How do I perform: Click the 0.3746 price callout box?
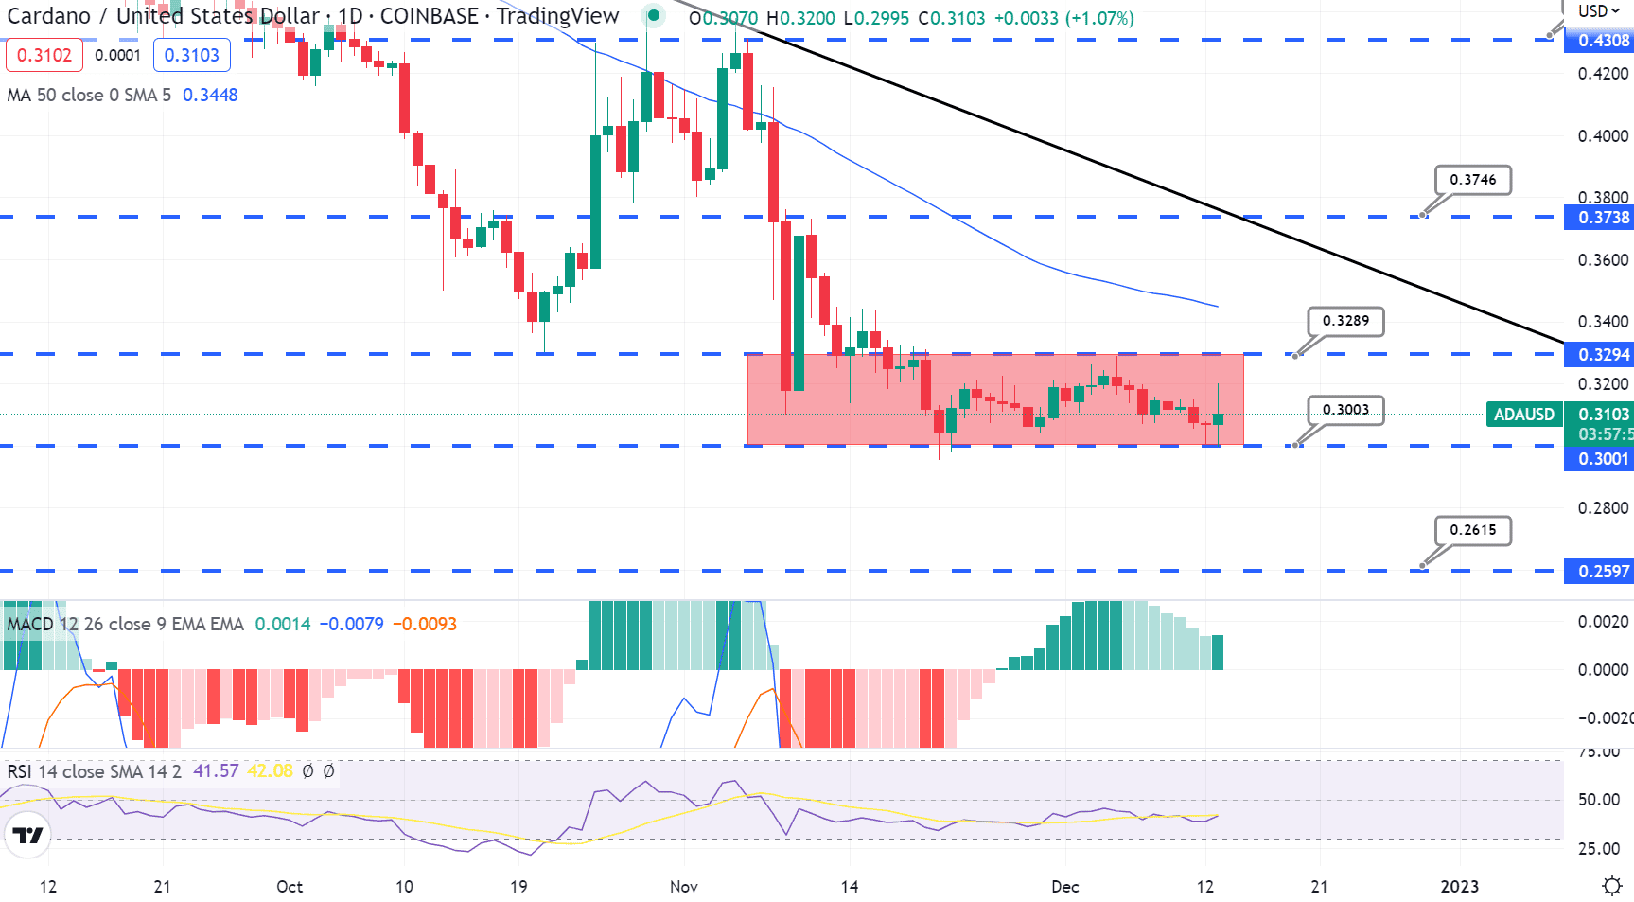1472,180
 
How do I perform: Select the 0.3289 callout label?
1345,321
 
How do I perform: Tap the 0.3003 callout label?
1345,410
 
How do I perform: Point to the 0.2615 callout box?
1472,530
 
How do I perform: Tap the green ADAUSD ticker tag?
1523,415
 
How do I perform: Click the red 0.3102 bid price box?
44,55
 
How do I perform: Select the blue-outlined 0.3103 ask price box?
191,55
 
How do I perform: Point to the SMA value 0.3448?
210,96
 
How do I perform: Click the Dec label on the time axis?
1065,887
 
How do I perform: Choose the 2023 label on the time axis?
1459,887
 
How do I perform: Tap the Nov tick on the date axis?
684,887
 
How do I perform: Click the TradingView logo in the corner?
27,835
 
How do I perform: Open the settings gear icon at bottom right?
1611,887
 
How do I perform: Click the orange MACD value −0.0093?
425,625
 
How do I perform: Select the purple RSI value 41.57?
216,771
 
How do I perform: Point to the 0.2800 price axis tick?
1603,508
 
